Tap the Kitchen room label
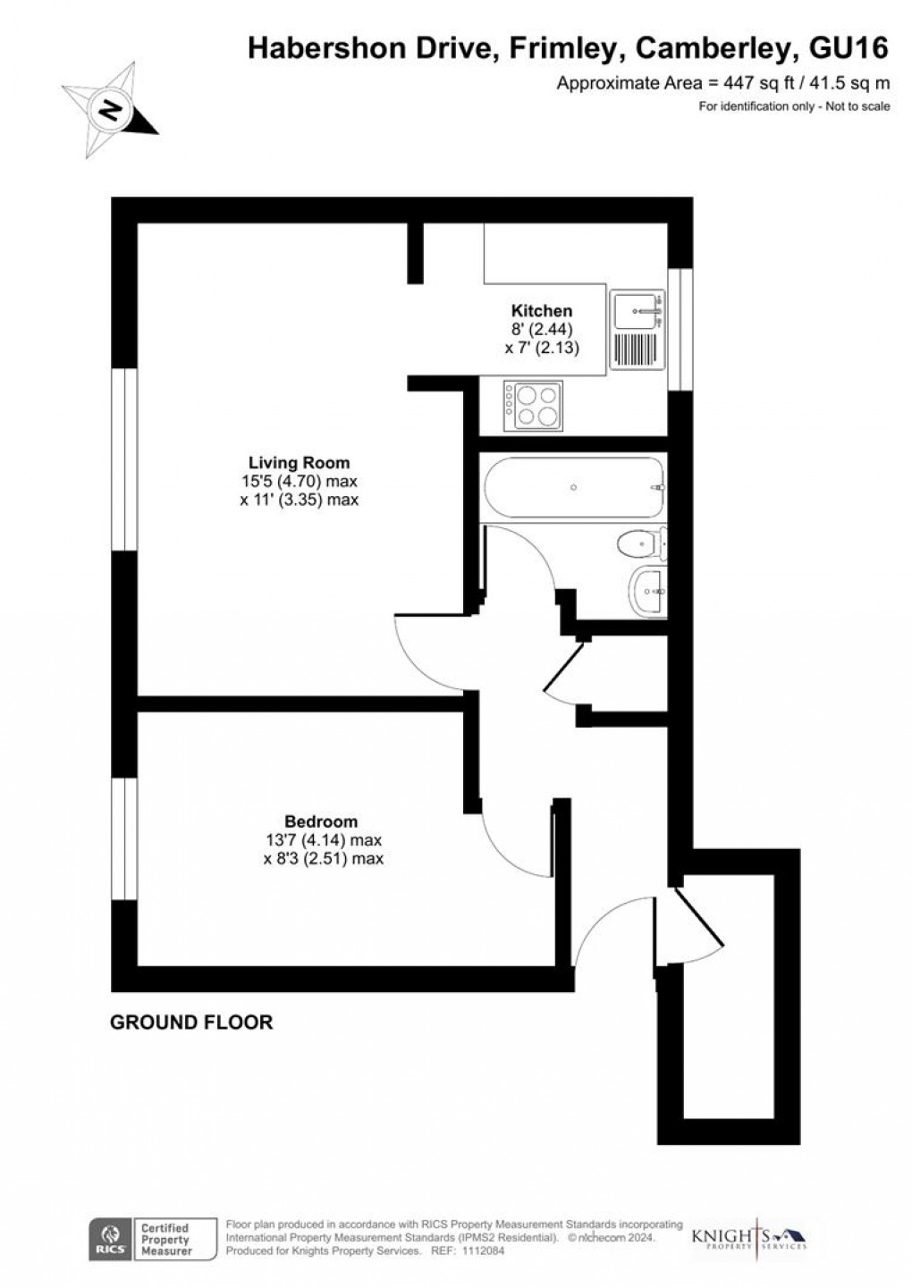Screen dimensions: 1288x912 [x=541, y=311]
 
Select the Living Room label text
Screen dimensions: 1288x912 [x=299, y=463]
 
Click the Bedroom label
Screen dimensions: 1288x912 [x=321, y=821]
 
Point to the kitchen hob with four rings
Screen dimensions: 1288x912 [x=533, y=407]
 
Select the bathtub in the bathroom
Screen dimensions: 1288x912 [x=573, y=488]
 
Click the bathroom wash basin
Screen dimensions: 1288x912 [x=647, y=591]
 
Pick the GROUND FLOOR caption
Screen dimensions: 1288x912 [x=191, y=1022]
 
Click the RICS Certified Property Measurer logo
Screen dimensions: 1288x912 [x=139, y=1240]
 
